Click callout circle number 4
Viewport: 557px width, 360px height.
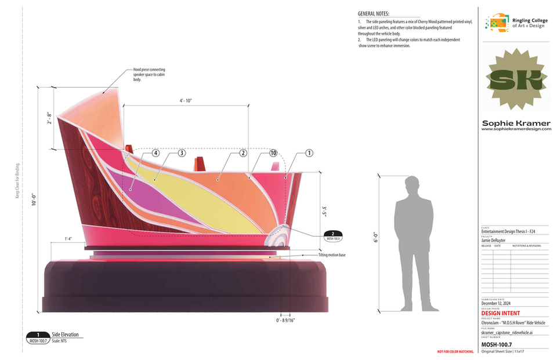pyautogui.click(x=156, y=154)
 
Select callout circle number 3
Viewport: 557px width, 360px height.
pyautogui.click(x=182, y=154)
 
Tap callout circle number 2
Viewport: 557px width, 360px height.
pyautogui.click(x=243, y=154)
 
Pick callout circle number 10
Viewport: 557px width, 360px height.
pyautogui.click(x=273, y=154)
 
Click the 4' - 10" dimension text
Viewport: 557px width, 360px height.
pyautogui.click(x=185, y=100)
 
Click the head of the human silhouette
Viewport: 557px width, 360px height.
pyautogui.click(x=413, y=187)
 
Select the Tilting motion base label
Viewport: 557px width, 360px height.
pyautogui.click(x=331, y=254)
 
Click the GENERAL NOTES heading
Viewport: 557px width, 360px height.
pyautogui.click(x=374, y=14)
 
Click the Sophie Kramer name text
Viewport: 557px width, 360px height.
pyautogui.click(x=514, y=123)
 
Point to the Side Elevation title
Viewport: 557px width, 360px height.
pyautogui.click(x=65, y=334)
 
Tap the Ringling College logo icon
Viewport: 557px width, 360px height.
pyautogui.click(x=498, y=23)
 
